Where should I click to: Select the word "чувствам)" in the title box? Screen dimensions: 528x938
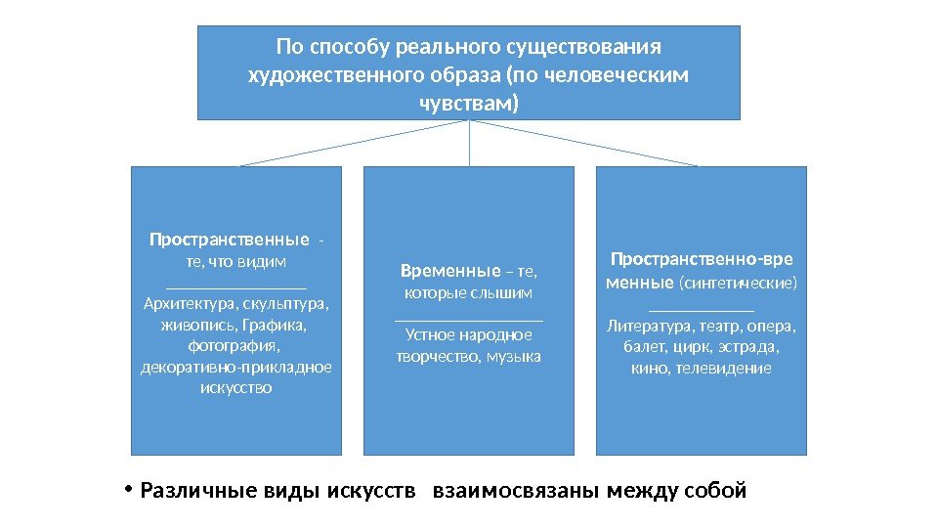tap(469, 102)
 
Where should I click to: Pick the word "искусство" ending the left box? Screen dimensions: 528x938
tap(235, 388)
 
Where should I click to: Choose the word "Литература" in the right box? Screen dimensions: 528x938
tap(648, 326)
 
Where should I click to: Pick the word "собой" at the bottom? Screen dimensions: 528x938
tap(716, 490)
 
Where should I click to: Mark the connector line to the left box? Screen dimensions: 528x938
tap(356, 143)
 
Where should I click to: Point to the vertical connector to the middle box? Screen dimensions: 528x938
tap(470, 143)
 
